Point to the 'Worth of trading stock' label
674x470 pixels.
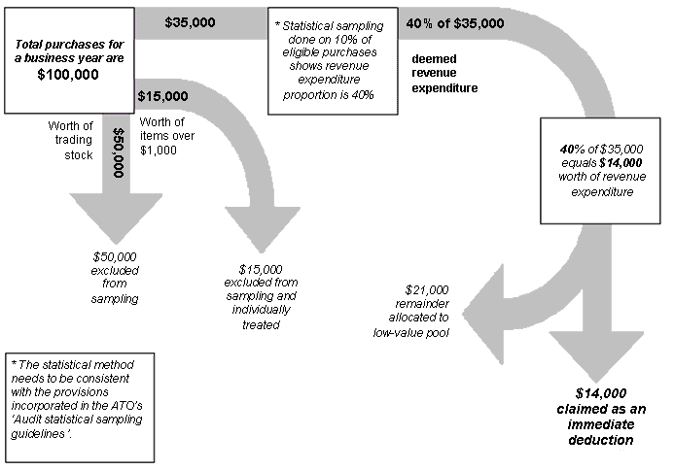[x=69, y=141]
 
